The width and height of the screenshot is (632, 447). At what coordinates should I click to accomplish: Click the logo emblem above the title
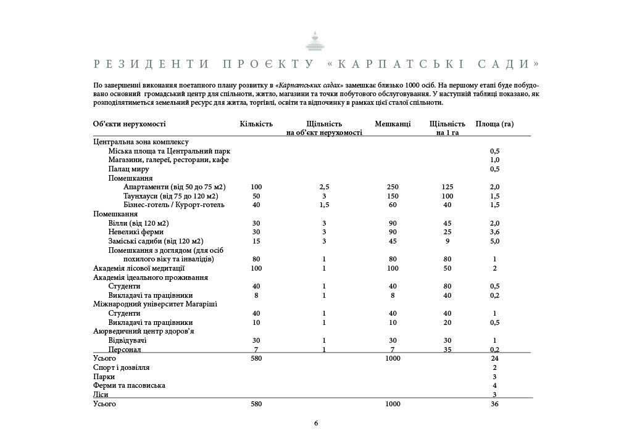click(315, 41)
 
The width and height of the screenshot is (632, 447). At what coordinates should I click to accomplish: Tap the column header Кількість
click(256, 124)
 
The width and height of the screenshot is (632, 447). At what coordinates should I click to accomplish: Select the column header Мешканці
click(393, 124)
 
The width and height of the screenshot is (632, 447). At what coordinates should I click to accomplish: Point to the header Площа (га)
click(494, 124)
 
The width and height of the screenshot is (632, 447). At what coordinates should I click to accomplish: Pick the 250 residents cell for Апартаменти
click(393, 187)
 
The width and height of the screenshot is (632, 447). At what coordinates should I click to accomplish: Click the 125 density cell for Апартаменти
click(447, 187)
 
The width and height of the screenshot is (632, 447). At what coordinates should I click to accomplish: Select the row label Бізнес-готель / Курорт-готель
click(174, 205)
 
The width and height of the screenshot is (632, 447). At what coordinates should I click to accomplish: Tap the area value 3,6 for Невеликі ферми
click(494, 232)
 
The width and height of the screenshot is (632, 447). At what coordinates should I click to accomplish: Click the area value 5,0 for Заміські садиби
click(494, 241)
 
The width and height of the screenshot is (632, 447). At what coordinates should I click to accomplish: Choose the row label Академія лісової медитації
click(139, 268)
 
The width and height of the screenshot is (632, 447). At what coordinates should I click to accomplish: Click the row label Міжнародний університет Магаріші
click(155, 304)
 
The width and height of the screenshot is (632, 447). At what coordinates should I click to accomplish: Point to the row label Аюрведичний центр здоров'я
click(143, 331)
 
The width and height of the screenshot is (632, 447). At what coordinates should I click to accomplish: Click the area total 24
click(494, 358)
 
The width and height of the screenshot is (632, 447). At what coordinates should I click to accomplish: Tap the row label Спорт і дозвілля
click(121, 367)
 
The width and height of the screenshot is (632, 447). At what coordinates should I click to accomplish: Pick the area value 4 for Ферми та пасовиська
click(494, 385)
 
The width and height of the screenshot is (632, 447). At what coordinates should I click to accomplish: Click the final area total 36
click(494, 404)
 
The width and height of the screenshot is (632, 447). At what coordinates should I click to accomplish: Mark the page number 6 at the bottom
click(316, 423)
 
